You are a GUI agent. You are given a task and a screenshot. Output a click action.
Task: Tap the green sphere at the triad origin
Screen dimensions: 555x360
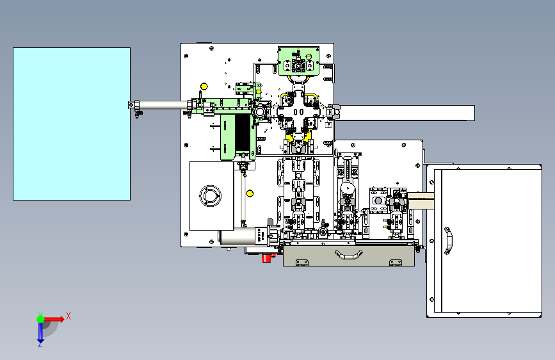coord(40,318)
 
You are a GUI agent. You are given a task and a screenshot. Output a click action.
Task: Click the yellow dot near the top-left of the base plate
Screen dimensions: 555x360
coord(204,86)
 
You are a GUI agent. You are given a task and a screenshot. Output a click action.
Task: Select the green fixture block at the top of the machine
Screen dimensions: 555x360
coord(298,62)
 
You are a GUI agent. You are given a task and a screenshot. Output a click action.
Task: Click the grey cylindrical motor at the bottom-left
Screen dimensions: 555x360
coord(233,238)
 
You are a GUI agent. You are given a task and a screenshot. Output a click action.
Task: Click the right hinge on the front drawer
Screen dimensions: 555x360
coord(396,261)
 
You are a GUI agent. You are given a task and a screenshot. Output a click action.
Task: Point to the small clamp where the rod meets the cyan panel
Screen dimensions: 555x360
coord(134,106)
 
